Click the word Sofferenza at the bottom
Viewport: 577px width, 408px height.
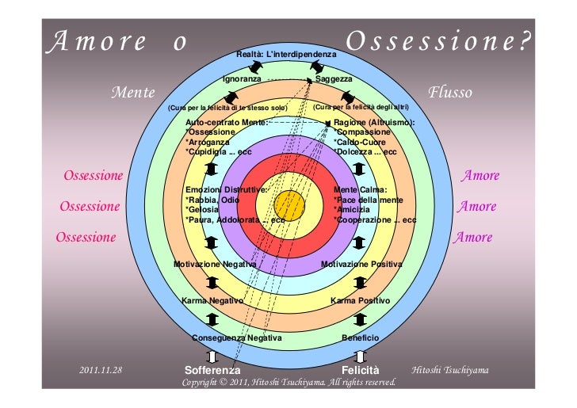click(x=212, y=370)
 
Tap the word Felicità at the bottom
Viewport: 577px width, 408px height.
click(x=361, y=370)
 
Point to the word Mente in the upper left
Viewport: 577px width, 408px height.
click(x=132, y=93)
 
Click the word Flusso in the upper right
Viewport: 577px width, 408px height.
click(x=450, y=93)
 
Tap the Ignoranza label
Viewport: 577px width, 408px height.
click(x=242, y=79)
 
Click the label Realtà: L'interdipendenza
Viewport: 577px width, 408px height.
click(x=286, y=53)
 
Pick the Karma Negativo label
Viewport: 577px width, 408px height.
click(x=212, y=301)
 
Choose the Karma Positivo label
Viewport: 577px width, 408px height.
click(x=360, y=301)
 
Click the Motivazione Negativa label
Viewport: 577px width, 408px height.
click(x=215, y=263)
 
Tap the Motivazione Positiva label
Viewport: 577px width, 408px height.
click(x=361, y=263)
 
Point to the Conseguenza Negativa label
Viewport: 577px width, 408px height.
click(x=237, y=337)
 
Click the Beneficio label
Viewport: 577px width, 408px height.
click(x=360, y=337)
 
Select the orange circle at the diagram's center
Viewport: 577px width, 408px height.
click(x=291, y=206)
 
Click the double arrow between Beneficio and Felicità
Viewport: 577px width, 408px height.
click(x=361, y=354)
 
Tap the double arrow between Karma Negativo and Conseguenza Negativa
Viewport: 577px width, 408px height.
click(x=212, y=319)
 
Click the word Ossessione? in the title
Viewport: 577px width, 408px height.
click(x=437, y=40)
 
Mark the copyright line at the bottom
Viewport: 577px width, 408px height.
click(x=288, y=383)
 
